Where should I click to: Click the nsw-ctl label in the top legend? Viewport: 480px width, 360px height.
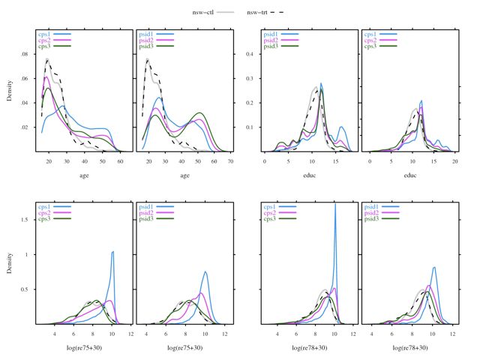[x=206, y=12]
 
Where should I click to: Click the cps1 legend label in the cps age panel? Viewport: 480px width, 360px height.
[x=45, y=34]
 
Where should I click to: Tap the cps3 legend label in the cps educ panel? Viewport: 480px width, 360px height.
[x=370, y=46]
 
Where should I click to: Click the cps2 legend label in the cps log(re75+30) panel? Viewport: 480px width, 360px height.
[x=45, y=213]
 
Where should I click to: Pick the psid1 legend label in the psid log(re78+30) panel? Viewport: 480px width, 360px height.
[x=372, y=206]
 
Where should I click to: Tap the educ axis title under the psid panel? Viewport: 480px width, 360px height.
[x=409, y=177]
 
